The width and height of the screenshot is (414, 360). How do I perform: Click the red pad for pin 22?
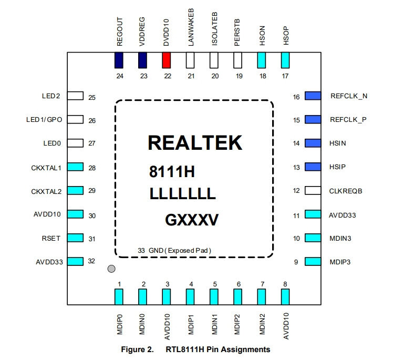pyautogui.click(x=167, y=61)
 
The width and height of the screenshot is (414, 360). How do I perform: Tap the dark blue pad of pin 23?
pyautogui.click(x=142, y=61)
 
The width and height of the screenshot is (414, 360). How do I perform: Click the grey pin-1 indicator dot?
pyautogui.click(x=111, y=270)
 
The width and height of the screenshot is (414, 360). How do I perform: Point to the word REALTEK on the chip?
pyautogui.click(x=195, y=143)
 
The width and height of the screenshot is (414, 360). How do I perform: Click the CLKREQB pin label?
pyautogui.click(x=345, y=191)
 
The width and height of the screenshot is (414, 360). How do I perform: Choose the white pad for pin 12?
pyautogui.click(x=313, y=190)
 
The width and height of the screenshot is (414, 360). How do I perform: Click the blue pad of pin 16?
pyautogui.click(x=313, y=96)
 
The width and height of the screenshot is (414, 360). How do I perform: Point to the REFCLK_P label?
pyautogui.click(x=348, y=120)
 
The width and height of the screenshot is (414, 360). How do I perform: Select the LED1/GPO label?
pyautogui.click(x=44, y=120)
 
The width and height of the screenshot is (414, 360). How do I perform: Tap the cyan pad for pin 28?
pyautogui.click(x=76, y=167)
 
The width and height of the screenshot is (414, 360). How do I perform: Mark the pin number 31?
pyautogui.click(x=91, y=239)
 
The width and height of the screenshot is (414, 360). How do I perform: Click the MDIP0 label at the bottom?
pyautogui.click(x=119, y=326)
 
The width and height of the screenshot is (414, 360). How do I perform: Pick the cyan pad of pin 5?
pyautogui.click(x=214, y=297)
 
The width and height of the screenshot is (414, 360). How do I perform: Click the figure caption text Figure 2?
pyautogui.click(x=138, y=349)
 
